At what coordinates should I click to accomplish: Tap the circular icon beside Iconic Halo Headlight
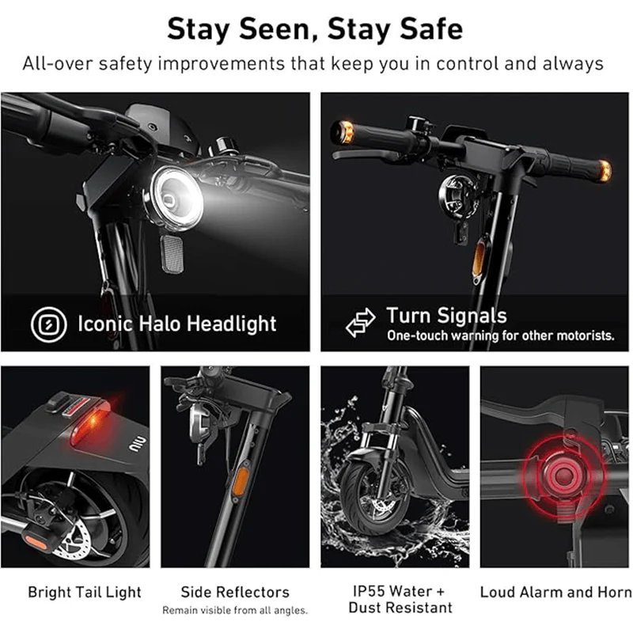49,324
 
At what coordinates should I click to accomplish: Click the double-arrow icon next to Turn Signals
361,323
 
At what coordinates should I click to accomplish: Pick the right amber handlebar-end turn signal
605,171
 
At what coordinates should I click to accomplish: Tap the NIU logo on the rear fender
137,442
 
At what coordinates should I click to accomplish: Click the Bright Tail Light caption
85,592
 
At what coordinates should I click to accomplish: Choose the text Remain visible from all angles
235,610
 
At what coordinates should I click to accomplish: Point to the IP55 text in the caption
372,591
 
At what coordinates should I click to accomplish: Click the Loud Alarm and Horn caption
556,592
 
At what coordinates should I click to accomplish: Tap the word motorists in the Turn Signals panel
586,335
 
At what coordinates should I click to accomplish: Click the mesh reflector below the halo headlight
172,252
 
